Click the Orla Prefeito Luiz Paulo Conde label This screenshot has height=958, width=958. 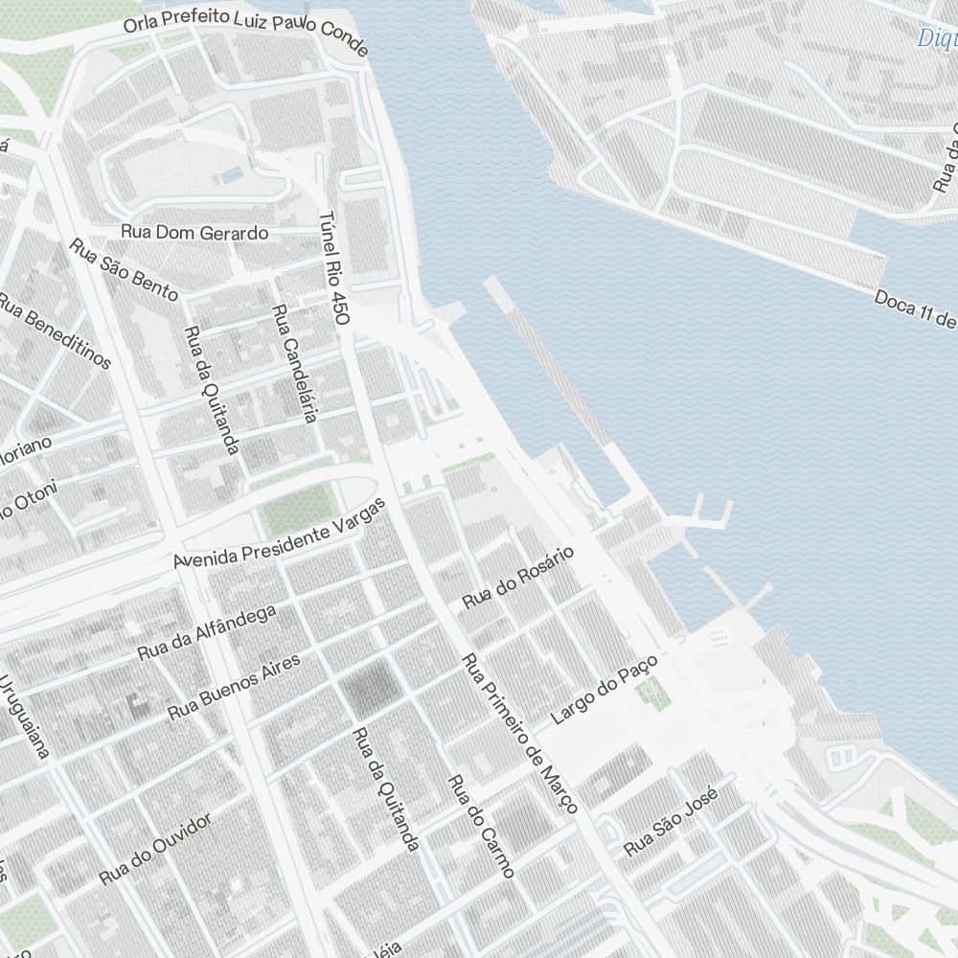tap(245, 28)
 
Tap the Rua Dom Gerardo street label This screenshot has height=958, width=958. tap(194, 233)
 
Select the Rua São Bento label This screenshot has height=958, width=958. tap(125, 269)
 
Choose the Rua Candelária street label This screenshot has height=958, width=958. tap(294, 364)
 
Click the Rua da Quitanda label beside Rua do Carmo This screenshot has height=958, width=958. tap(385, 788)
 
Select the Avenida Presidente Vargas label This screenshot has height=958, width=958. tap(280, 534)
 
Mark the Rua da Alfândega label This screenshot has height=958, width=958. tap(206, 632)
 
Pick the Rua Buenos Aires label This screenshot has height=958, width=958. tap(234, 687)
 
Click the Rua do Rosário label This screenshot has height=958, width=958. tap(517, 578)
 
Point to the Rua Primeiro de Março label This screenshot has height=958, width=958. tap(520, 734)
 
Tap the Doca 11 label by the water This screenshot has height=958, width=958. tap(915, 309)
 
